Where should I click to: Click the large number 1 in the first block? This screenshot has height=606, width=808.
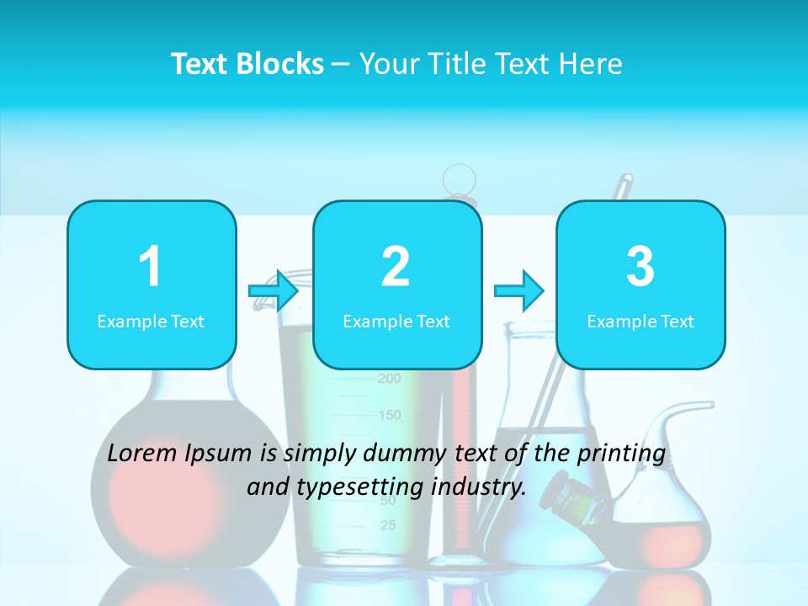[x=150, y=268]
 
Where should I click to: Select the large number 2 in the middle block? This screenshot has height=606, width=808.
[x=396, y=268]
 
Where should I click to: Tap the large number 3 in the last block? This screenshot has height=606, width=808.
[x=641, y=268]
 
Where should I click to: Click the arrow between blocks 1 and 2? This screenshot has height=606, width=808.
[x=274, y=291]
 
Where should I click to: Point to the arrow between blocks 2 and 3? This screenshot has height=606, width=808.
[x=518, y=291]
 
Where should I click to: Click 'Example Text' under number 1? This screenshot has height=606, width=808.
[x=151, y=322]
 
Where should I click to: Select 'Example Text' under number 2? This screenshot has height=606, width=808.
[x=396, y=322]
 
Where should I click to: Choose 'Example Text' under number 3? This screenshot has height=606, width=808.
[x=641, y=322]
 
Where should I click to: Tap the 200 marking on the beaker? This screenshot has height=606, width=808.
[x=389, y=379]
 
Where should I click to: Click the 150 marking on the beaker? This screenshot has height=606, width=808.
[x=389, y=415]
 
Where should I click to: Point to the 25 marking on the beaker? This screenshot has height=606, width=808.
[x=388, y=526]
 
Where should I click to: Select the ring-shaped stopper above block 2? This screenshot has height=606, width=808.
[x=460, y=178]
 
